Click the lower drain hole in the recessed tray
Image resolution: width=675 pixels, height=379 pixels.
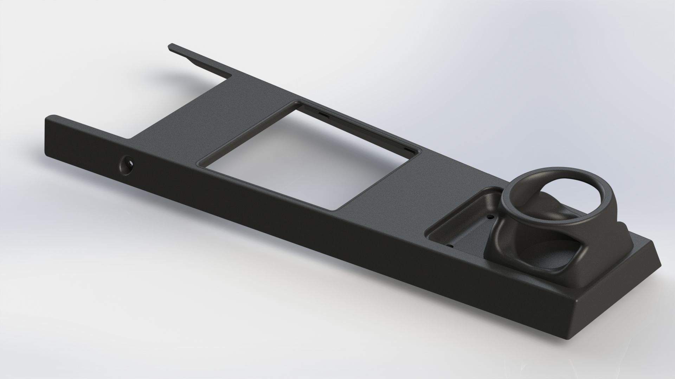(x=450, y=246)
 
